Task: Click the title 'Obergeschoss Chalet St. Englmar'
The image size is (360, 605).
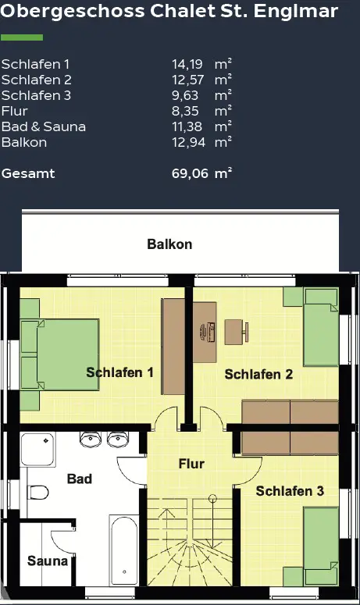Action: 169,12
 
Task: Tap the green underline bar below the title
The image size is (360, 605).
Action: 22,37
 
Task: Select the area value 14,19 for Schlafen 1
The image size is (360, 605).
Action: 189,64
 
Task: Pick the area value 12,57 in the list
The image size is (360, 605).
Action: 189,80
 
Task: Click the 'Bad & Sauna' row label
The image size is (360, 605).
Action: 44,126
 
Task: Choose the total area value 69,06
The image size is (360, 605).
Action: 190,173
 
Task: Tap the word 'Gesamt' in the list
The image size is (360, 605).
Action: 28,173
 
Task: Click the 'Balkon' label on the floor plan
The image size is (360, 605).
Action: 169,244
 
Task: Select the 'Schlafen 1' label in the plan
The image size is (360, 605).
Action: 119,372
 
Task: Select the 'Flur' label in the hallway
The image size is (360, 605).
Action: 191,464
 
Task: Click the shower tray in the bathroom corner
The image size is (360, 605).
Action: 38,451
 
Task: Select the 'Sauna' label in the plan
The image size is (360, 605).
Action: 43,561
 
